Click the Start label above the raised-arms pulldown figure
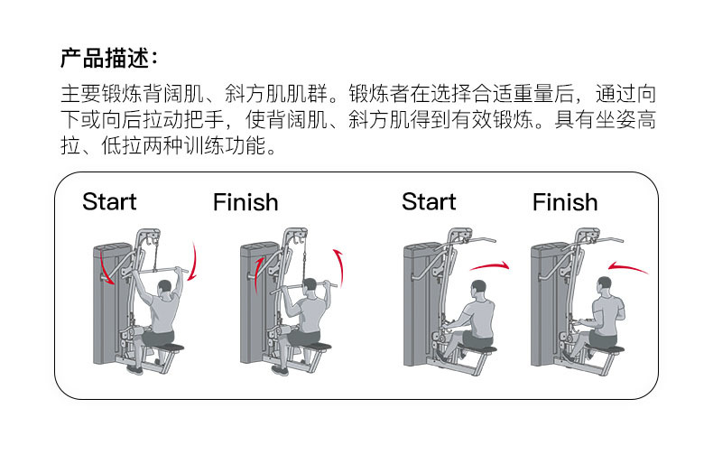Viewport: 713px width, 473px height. pos(108,201)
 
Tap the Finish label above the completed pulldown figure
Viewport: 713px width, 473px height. pos(245,202)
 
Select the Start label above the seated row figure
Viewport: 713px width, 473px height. pos(429,201)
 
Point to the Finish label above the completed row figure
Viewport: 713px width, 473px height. pos(565,202)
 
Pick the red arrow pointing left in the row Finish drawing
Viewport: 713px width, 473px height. pos(628,267)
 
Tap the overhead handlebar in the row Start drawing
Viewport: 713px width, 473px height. pos(477,241)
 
